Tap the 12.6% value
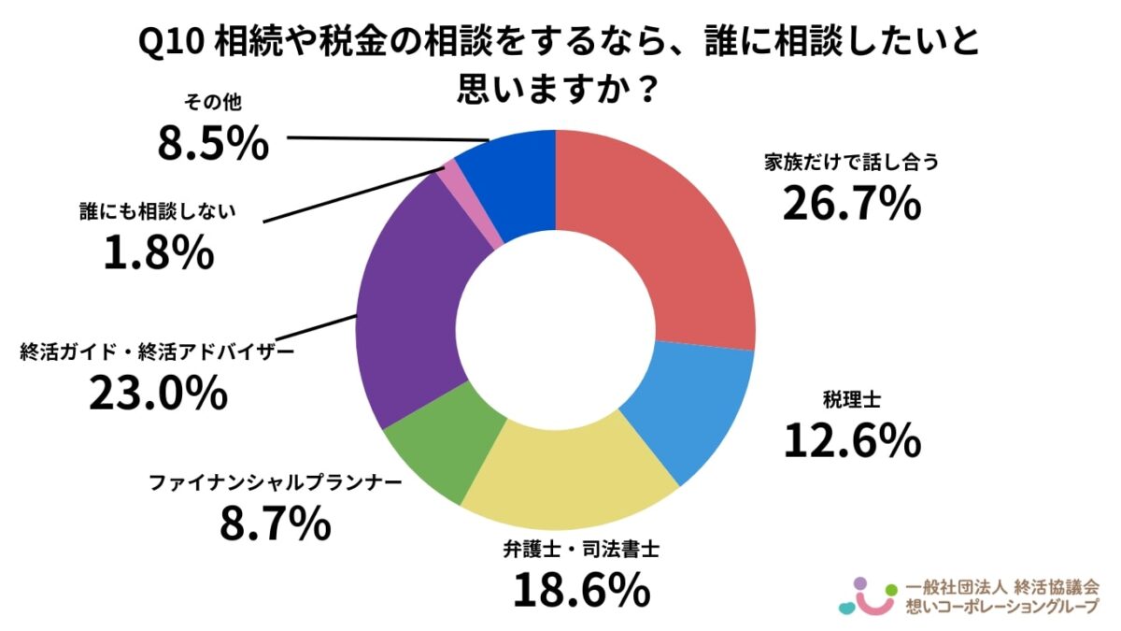[851, 441]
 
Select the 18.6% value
[580, 589]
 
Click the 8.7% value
[275, 525]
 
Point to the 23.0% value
[158, 394]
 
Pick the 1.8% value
[158, 252]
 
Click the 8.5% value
[212, 145]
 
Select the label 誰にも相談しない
[157, 211]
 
